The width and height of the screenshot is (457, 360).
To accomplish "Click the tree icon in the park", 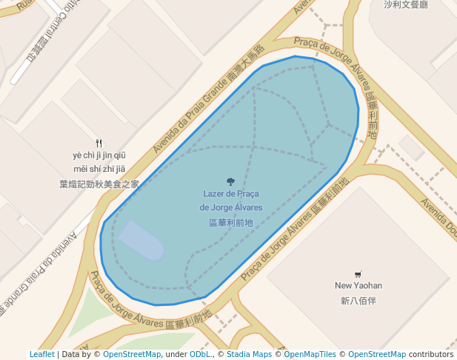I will tap(230, 181).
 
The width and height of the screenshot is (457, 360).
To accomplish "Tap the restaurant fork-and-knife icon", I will tap(99, 142).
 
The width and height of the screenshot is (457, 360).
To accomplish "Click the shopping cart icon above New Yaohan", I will tap(358, 273).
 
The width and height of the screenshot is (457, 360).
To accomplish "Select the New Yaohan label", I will tap(358, 285).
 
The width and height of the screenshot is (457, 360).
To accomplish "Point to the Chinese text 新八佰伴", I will tap(358, 301).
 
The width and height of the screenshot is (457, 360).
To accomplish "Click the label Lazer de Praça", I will tap(230, 194).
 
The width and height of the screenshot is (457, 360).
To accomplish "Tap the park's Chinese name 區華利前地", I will tap(230, 221).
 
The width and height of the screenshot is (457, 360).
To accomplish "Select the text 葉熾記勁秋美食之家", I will tap(99, 184).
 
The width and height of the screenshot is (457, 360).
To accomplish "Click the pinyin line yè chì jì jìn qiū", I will tap(99, 156).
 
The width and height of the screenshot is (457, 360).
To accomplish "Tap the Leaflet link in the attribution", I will tap(41, 355).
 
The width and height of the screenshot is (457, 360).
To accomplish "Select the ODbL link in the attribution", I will tap(200, 355).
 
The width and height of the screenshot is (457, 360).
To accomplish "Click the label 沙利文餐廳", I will tap(406, 4).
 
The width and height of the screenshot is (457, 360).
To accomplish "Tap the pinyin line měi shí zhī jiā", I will tap(99, 170).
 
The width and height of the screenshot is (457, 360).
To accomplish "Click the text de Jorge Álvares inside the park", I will tap(230, 207).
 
